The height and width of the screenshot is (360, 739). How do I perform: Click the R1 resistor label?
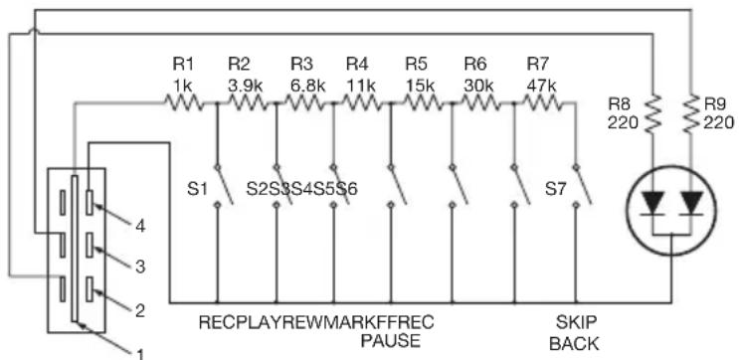pyautogui.click(x=182, y=64)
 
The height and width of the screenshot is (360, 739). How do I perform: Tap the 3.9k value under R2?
pyautogui.click(x=245, y=86)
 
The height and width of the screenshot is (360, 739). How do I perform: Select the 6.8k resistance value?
pyautogui.click(x=307, y=86)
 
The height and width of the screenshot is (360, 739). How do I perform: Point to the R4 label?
pyautogui.click(x=357, y=64)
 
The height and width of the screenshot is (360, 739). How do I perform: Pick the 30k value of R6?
pyautogui.click(x=478, y=86)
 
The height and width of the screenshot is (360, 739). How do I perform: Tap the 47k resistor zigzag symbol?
pyautogui.click(x=542, y=102)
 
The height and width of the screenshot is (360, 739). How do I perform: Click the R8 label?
pyautogui.click(x=619, y=104)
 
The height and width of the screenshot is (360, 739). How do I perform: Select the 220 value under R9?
pyautogui.click(x=719, y=123)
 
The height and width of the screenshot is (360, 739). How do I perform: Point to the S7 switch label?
pyautogui.click(x=555, y=189)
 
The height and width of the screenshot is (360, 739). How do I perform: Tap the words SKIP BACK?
pyautogui.click(x=575, y=333)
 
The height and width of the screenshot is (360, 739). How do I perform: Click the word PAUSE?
pyautogui.click(x=390, y=340)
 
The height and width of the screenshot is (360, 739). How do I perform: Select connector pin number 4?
pyautogui.click(x=140, y=227)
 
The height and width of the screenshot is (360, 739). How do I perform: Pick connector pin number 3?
pyautogui.click(x=140, y=268)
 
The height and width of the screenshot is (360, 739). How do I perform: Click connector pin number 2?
pyautogui.click(x=140, y=310)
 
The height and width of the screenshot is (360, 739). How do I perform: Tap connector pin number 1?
pyautogui.click(x=140, y=353)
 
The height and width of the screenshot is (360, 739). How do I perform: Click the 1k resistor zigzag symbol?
pyautogui.click(x=183, y=102)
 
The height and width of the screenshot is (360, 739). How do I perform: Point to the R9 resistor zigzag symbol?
pyautogui.click(x=691, y=113)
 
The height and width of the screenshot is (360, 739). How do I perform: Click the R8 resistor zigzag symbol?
pyautogui.click(x=652, y=113)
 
